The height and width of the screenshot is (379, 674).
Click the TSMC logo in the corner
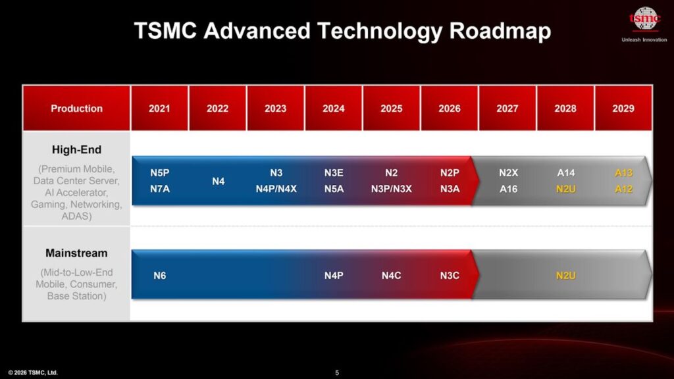644,20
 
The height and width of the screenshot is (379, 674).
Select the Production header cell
77,109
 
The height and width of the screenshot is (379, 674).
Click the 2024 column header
334,109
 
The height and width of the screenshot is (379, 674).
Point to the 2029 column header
623,109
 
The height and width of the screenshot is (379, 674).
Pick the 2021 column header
159,109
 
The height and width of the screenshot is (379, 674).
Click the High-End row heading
76,150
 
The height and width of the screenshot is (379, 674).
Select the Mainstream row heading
76,253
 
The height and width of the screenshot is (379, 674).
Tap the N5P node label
159,173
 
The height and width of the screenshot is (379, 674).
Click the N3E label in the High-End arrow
334,173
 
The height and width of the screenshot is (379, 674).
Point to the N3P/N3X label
391,188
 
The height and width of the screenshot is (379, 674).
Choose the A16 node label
508,188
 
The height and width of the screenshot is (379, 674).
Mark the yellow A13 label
623,173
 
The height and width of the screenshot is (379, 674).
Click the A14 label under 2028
566,173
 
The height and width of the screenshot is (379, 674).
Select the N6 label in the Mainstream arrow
159,276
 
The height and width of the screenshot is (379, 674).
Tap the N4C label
391,276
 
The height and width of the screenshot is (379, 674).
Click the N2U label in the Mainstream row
566,276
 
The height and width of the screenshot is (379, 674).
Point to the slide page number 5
337,372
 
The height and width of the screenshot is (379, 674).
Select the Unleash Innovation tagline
644,39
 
